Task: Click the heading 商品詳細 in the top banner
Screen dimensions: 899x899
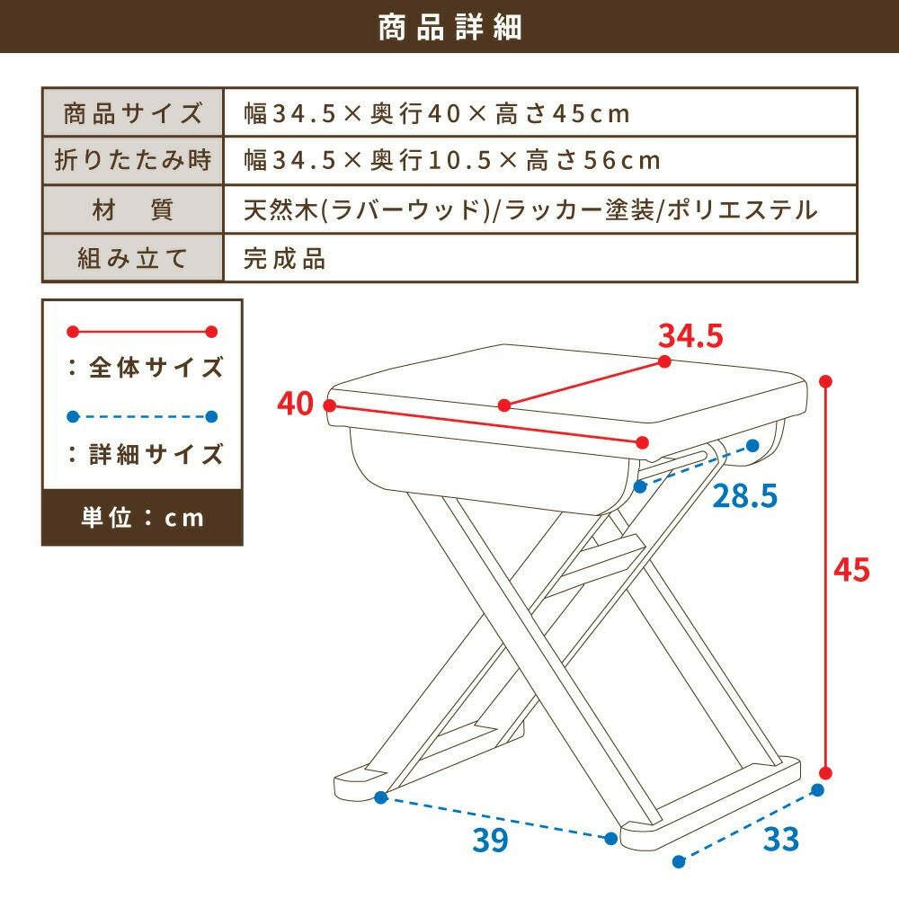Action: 449,27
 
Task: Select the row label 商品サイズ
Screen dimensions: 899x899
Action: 132,113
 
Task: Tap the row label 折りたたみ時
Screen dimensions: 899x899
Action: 132,159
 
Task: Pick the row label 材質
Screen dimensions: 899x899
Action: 132,209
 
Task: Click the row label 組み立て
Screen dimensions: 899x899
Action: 132,258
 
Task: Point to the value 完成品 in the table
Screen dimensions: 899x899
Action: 284,259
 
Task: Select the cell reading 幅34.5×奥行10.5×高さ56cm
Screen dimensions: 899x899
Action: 452,160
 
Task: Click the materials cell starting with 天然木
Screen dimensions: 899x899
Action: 530,209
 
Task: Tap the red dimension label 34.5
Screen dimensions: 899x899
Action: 690,335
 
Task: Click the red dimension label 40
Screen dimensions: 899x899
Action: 295,403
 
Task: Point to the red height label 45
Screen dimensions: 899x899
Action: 851,570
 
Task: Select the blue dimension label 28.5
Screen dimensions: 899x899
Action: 744,496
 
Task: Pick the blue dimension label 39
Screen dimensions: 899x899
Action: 491,840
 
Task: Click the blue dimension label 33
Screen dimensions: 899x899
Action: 781,839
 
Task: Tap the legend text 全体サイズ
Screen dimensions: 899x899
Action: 156,367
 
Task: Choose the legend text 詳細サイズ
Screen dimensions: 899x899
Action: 156,454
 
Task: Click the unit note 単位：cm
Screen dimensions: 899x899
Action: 142,517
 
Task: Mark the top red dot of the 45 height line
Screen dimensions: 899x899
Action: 825,381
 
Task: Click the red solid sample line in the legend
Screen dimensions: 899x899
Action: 142,332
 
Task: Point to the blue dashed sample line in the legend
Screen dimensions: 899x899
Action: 142,417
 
